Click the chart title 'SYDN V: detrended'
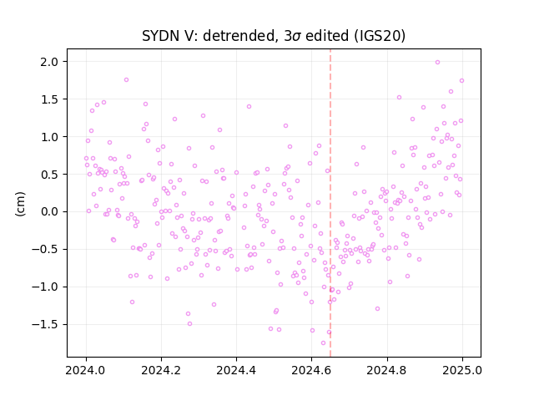209,36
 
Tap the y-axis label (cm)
20,204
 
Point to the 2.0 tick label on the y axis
49,62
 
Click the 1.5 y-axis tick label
49,99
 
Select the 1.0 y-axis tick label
49,137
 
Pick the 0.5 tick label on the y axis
49,175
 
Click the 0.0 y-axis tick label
49,211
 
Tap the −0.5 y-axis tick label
45,249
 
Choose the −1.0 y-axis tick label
45,287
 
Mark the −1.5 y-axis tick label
45,324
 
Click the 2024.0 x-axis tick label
86,370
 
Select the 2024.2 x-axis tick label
161,370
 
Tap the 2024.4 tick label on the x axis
236,370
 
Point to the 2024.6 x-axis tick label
311,370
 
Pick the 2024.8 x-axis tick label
387,370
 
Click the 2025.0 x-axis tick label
462,370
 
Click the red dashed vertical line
330,203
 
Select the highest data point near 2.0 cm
437,62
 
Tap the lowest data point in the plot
323,343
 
